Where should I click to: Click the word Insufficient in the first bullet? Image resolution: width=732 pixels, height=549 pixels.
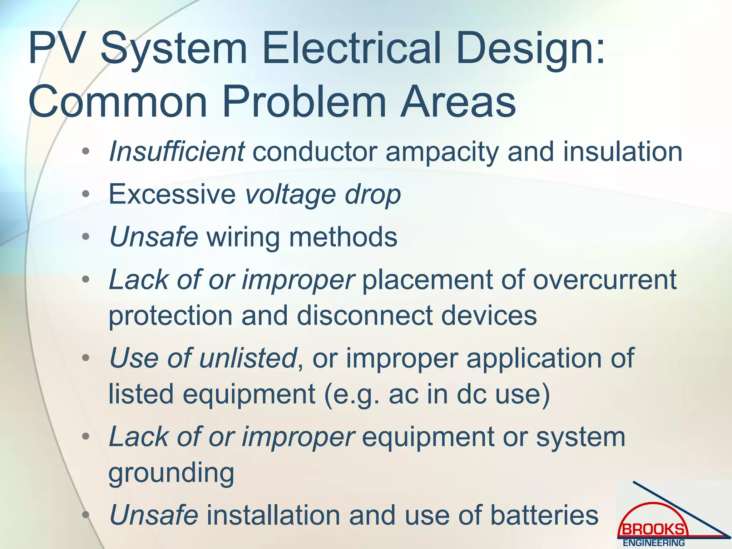177,152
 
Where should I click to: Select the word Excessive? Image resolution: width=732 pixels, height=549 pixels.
172,194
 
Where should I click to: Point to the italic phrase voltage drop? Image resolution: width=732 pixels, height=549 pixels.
323,195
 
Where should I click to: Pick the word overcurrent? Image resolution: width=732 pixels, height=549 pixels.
605,280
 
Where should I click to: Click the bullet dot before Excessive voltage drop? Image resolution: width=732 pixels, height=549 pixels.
85,194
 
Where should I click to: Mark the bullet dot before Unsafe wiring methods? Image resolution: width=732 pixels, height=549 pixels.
85,237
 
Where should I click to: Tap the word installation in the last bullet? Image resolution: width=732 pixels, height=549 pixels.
273,515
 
